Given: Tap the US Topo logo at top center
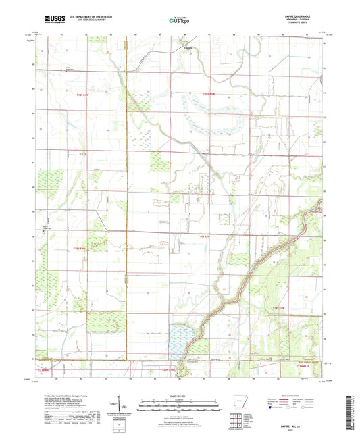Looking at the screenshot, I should (x=179, y=21).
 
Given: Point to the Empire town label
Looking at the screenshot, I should (x=188, y=47).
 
